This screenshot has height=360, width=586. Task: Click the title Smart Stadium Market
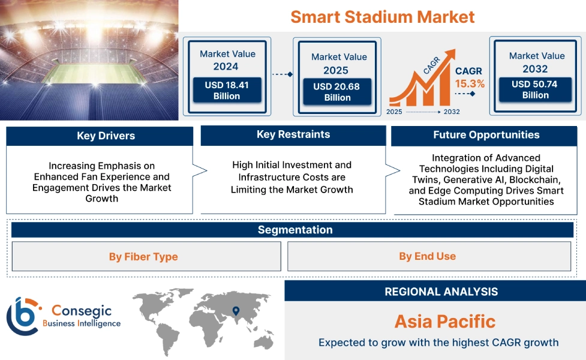[383, 16]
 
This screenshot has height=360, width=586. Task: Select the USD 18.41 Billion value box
[227, 91]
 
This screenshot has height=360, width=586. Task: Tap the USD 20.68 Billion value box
[336, 92]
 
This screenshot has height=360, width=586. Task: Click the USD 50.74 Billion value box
[534, 90]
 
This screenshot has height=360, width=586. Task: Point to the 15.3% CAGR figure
[470, 83]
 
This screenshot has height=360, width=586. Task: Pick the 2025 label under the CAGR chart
[394, 112]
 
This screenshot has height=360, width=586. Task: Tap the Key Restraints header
[293, 134]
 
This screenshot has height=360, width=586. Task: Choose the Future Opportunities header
[486, 135]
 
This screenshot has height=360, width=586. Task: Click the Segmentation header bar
[295, 230]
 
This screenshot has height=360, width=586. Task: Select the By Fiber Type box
[143, 257]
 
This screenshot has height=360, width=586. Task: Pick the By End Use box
[428, 256]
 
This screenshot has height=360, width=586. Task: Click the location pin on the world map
[236, 311]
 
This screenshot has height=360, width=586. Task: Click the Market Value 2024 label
[227, 60]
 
